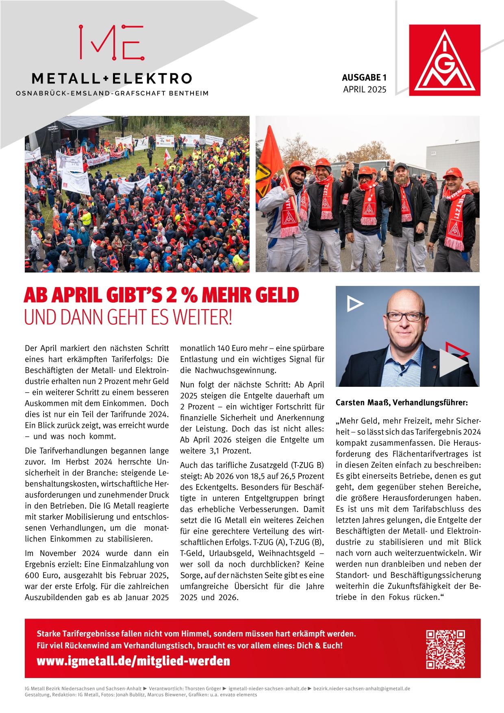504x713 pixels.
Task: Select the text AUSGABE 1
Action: pos(363,77)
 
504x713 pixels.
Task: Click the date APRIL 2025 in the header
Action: pos(365,89)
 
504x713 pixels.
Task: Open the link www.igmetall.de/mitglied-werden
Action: pos(133,661)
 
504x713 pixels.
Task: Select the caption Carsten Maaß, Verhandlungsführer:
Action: pos(402,403)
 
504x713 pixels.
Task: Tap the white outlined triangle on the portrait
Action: pos(354,303)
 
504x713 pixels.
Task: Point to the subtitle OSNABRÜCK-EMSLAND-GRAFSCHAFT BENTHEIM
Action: pos(112,94)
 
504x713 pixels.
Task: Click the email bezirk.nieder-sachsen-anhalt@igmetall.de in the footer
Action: pos(362,689)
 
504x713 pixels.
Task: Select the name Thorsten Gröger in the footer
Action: pos(201,689)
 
